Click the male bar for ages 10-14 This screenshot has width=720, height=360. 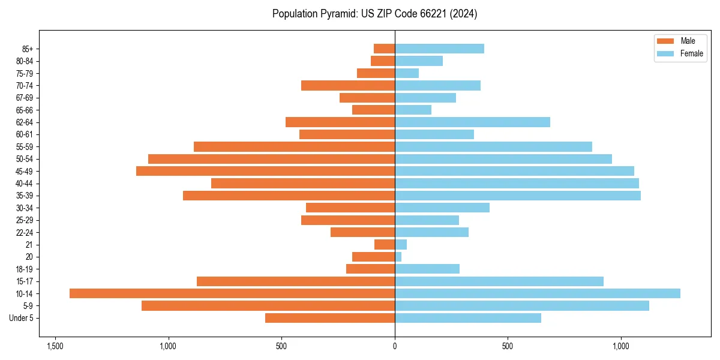coord(232,293)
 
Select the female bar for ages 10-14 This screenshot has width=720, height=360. coord(538,293)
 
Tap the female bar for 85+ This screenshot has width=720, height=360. coord(439,49)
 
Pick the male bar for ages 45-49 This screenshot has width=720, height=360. coord(265,171)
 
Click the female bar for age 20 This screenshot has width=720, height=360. coord(398,257)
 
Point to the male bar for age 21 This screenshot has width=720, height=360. coord(385,245)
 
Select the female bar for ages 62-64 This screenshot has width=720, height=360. coord(472,122)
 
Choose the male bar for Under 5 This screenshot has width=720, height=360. coord(330,318)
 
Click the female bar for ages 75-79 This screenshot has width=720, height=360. coord(407,73)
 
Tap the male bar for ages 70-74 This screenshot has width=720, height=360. coord(348,85)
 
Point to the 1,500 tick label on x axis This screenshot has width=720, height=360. coord(55,346)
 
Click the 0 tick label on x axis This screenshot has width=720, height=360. coord(395,346)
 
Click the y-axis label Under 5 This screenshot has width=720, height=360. coord(22,318)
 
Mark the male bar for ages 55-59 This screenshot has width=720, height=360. coord(294,147)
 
